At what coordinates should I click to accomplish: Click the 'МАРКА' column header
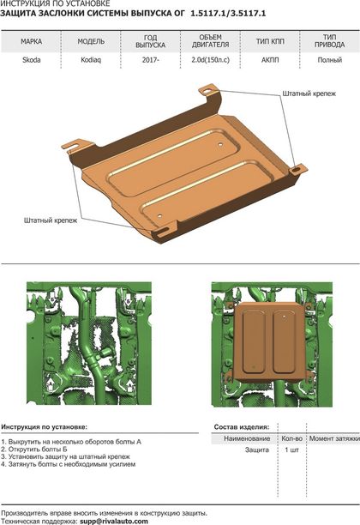click(x=31, y=41)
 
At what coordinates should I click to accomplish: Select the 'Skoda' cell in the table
click(x=32, y=60)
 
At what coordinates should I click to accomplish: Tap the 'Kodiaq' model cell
click(x=91, y=60)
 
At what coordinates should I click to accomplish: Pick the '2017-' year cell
click(x=150, y=60)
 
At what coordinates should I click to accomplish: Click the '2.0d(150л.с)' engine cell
click(x=211, y=60)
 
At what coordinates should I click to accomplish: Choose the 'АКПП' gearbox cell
click(x=270, y=60)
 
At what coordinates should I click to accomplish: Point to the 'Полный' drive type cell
click(x=329, y=60)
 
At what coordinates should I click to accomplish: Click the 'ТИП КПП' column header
click(x=270, y=41)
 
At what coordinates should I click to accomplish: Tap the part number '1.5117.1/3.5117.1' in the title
click(x=228, y=14)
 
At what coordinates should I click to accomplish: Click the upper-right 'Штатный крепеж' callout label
click(x=309, y=94)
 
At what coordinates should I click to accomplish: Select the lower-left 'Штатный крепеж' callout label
click(x=51, y=220)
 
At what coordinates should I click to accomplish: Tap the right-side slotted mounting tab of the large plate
click(x=297, y=169)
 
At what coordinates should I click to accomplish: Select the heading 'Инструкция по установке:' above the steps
click(x=44, y=427)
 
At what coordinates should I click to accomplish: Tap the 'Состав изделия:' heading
click(x=242, y=427)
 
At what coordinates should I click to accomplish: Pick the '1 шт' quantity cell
click(x=291, y=450)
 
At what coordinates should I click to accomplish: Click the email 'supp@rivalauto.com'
click(x=114, y=521)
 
